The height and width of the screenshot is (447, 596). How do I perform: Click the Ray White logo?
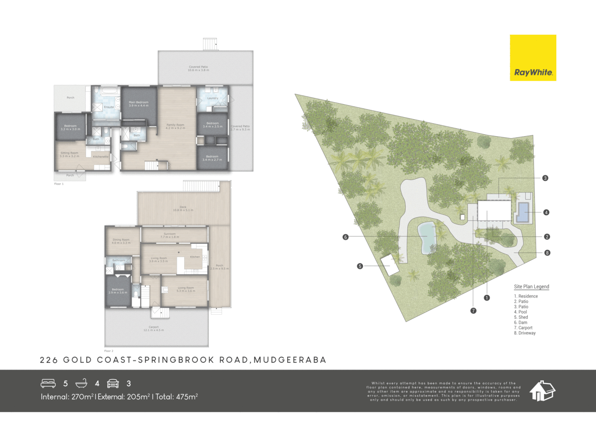pos(533,58)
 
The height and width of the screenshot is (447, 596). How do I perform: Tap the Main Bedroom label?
pos(138,104)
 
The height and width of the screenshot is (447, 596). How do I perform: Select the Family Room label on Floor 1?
pos(175,126)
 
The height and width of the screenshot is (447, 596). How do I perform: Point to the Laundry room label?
pos(213,99)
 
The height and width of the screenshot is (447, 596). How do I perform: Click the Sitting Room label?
pos(69,154)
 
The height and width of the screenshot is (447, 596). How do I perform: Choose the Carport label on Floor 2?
pos(154,329)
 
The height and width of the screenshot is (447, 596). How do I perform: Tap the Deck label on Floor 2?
pos(183,209)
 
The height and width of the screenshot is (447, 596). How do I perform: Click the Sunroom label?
pos(170,236)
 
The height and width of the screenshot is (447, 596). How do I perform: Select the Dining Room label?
pos(121,241)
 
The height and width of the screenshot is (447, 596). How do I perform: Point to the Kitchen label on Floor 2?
pos(195,257)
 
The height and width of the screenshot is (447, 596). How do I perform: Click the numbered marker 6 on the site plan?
pos(346,237)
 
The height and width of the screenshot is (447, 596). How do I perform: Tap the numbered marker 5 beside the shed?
pos(360,266)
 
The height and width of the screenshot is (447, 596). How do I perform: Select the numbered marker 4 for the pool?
pos(546,212)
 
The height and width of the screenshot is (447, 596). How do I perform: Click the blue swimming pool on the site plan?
pos(524,212)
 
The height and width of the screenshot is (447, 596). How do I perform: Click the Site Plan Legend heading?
pos(531,286)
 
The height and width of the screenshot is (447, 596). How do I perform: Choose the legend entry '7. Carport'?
pos(523,328)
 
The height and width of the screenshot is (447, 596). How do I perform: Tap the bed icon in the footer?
pos(48,383)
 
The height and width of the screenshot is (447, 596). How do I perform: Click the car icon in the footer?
pos(113,383)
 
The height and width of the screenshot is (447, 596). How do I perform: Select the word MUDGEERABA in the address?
pos(290,360)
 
